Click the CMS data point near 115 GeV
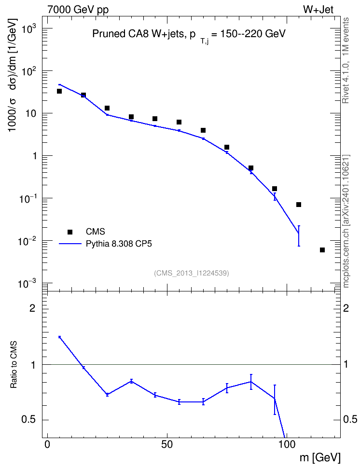point(322,250)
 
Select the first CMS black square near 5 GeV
point(59,91)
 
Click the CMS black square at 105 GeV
point(298,205)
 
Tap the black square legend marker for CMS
point(70,232)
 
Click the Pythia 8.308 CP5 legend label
point(119,244)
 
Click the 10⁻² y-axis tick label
point(26,241)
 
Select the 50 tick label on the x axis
point(167,444)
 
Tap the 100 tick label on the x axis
point(287,444)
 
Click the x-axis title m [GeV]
point(320,457)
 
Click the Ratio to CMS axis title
point(14,365)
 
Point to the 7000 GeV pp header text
point(78,10)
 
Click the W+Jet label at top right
point(318,9)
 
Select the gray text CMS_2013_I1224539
point(192,273)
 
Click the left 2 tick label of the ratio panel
point(32,308)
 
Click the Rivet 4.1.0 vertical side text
point(346,60)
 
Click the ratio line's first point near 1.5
point(59,337)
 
